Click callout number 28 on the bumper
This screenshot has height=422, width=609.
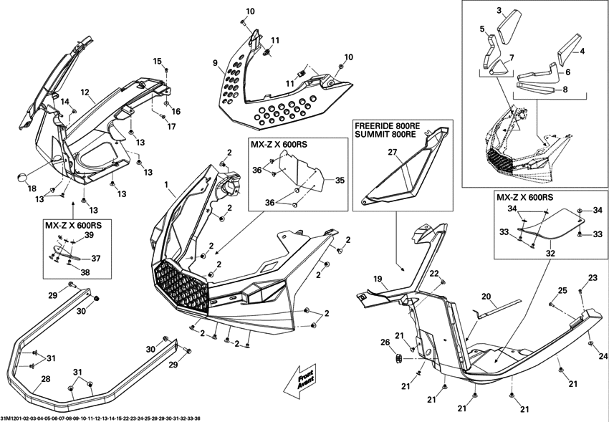point(45,379)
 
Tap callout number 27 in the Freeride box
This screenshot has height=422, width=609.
point(393,152)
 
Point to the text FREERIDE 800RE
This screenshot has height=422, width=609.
point(387,127)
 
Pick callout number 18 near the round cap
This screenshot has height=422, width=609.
point(32,188)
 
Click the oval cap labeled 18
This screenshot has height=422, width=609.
point(22,178)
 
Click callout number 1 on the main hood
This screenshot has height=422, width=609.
point(166,185)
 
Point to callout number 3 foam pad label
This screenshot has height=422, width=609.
point(499,11)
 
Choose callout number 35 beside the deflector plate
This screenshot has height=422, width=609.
point(340,181)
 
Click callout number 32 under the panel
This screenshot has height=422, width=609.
point(550,254)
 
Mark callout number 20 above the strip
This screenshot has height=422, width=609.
point(486,296)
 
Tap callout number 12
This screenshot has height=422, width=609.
point(85,92)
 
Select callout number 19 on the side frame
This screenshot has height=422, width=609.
point(378,279)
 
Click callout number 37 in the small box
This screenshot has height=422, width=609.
point(95,258)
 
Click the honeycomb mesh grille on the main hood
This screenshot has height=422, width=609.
point(181,286)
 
